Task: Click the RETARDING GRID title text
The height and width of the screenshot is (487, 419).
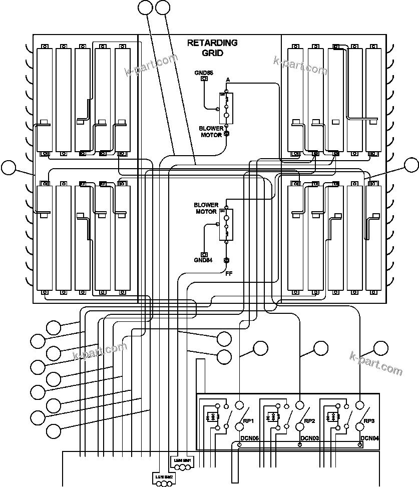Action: point(212,48)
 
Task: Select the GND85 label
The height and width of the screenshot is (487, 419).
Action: point(204,73)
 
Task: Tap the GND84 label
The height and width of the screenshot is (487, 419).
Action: point(203,260)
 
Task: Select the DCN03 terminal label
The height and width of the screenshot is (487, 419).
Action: point(309,438)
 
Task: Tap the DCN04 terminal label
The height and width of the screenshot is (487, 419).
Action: point(369,438)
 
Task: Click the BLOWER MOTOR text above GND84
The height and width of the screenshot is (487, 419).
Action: point(205,208)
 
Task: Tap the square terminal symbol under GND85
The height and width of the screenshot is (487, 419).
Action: point(204,79)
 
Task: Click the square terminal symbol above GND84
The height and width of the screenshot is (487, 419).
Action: point(203,254)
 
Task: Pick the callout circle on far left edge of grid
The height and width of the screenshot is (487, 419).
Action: point(8,168)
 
